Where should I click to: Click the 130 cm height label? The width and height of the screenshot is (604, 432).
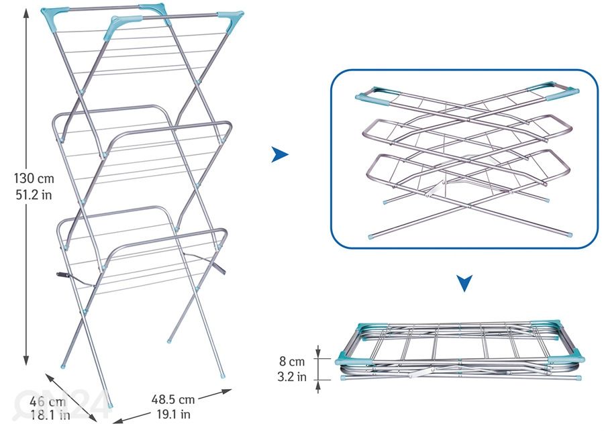pos(34,178)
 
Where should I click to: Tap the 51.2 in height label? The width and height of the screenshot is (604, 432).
pos(34,195)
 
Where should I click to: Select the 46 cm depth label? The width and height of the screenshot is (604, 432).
pos(48,402)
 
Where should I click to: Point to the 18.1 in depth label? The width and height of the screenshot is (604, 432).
pos(50,415)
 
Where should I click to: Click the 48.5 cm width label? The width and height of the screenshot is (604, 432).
pos(173,399)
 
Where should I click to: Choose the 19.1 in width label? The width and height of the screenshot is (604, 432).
pos(173,415)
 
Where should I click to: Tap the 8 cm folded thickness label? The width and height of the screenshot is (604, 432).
pos(292,361)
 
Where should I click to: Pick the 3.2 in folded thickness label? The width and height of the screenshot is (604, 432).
pos(292,376)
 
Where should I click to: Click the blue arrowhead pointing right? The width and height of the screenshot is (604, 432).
pos(280,154)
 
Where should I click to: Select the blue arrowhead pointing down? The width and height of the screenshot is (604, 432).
pos(465,283)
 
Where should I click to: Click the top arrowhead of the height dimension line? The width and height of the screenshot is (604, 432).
pos(26,13)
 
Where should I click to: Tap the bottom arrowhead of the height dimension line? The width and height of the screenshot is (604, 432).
pos(26,361)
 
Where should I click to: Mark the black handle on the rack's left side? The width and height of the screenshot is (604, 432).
pos(62,275)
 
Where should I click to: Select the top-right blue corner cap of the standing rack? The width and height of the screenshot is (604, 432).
pos(232,21)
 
